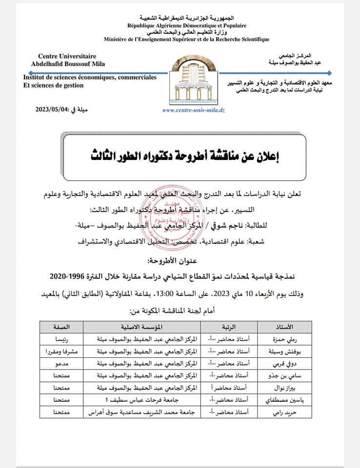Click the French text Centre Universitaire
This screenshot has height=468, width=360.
tap(67, 56)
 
